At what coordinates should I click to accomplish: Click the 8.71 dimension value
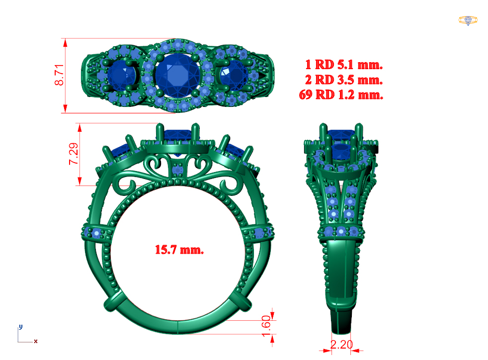pyautogui.click(x=59, y=75)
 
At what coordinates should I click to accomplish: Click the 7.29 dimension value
pyautogui.click(x=74, y=154)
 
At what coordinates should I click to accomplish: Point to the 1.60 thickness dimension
pyautogui.click(x=266, y=326)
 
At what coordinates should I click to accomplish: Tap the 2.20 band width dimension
pyautogui.click(x=341, y=345)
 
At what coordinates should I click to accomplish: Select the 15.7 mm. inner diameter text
pyautogui.click(x=179, y=250)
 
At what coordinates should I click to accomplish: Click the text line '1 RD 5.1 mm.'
pyautogui.click(x=344, y=65)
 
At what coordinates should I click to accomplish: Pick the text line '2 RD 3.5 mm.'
pyautogui.click(x=344, y=80)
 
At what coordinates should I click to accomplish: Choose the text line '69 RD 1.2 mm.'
pyautogui.click(x=341, y=94)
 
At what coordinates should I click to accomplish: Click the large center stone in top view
pyautogui.click(x=177, y=75)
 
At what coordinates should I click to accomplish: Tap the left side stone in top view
pyautogui.click(x=121, y=76)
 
